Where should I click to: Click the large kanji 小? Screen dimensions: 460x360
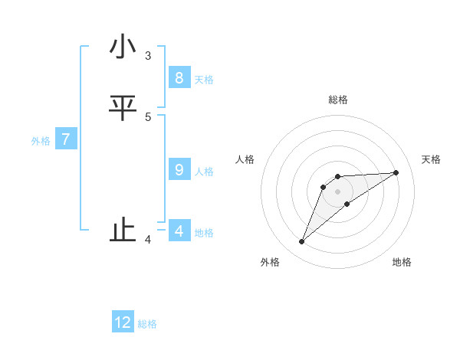point(123,47)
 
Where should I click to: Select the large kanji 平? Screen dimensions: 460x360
point(123,109)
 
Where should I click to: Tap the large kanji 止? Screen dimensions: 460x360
point(123,231)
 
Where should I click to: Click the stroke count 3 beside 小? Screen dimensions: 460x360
point(148,55)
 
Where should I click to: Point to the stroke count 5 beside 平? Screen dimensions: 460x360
point(148,116)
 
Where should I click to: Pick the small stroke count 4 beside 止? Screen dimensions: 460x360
point(148,240)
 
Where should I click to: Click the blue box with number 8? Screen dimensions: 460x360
point(179,78)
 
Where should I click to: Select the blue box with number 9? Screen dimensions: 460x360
point(179,170)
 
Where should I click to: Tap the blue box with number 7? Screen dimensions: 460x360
point(66,139)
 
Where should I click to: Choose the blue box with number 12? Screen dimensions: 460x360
point(123,322)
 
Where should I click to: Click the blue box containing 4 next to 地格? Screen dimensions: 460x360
point(179,231)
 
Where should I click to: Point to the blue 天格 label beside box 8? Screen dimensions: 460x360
point(204,80)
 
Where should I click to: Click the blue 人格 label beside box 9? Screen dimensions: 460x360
point(204,172)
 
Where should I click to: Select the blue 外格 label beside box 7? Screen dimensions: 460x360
point(41,141)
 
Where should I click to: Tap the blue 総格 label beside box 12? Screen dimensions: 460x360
point(147,324)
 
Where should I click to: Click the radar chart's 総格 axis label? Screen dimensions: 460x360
point(338,100)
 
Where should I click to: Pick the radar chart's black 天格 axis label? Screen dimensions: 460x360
point(432,159)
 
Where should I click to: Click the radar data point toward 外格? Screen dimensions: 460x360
point(302,242)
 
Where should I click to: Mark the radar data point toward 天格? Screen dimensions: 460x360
point(396,172)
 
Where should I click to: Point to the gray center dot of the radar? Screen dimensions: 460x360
point(338,191)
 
